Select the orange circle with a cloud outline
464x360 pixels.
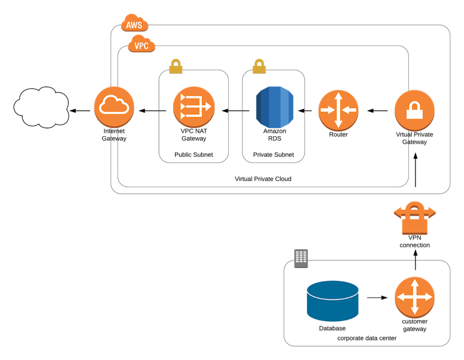pyautogui.click(x=114, y=106)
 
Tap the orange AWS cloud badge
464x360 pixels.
pyautogui.click(x=134, y=24)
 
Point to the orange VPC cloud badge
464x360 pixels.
pyautogui.click(x=142, y=44)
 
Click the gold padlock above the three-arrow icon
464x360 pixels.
pyautogui.click(x=176, y=67)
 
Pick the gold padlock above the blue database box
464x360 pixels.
pyautogui.click(x=259, y=67)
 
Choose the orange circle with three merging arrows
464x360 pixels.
pyautogui.click(x=194, y=106)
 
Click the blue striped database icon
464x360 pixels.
pyautogui.click(x=274, y=107)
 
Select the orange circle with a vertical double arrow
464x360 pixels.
pyautogui.click(x=338, y=110)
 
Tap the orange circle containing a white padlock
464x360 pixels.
pyautogui.click(x=415, y=110)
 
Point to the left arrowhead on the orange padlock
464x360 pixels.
pyautogui.click(x=397, y=213)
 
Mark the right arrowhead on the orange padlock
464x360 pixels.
pyautogui.click(x=432, y=213)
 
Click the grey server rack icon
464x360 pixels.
pyautogui.click(x=301, y=258)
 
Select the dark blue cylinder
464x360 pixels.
pyautogui.click(x=332, y=301)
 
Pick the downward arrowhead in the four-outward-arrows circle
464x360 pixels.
pyautogui.click(x=415, y=311)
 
